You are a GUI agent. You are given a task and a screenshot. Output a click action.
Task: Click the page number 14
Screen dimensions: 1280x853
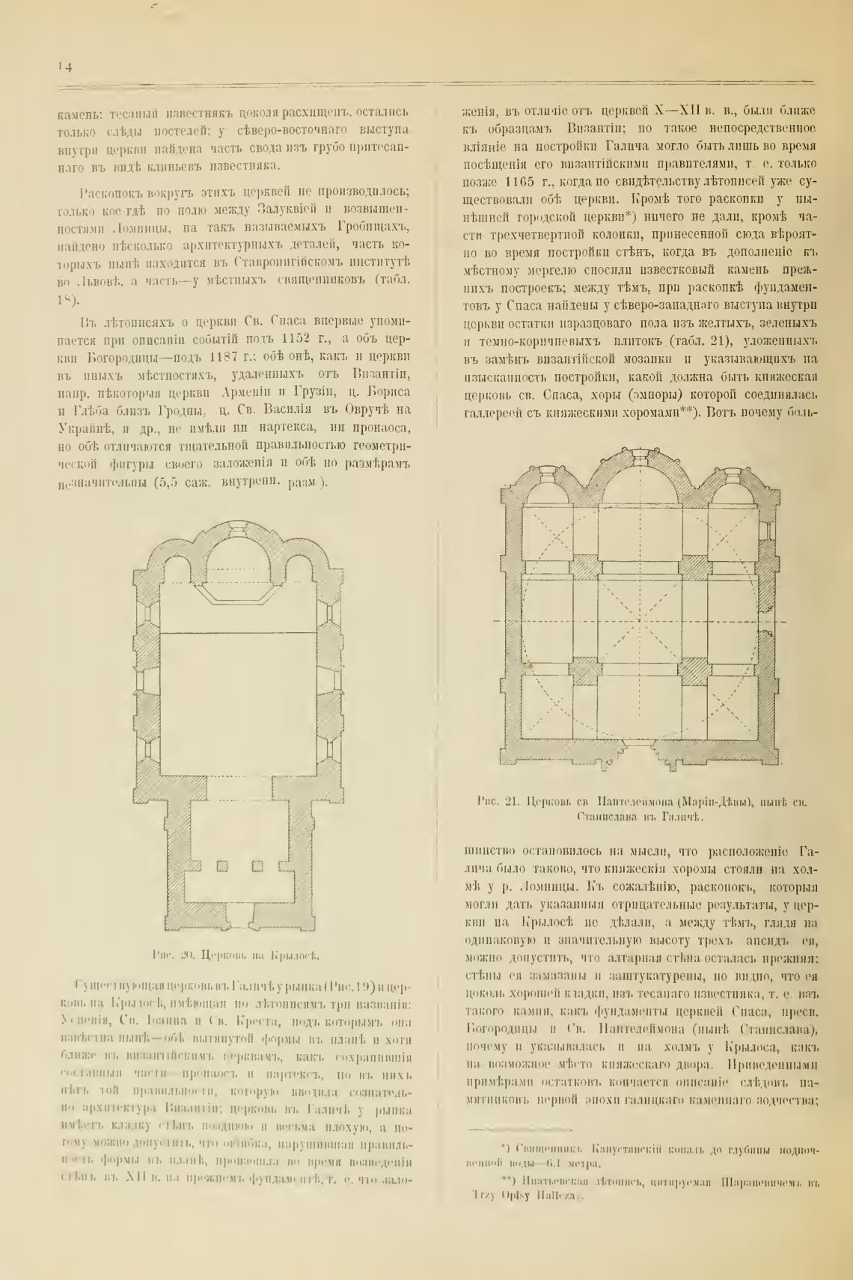pyautogui.click(x=64, y=67)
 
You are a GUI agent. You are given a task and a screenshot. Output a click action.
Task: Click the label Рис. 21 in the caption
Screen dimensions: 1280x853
pyautogui.click(x=497, y=802)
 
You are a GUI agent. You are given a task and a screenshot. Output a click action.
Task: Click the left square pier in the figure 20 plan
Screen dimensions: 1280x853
pyautogui.click(x=221, y=866)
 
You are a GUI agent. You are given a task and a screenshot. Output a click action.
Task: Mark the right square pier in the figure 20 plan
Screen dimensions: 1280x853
pyautogui.click(x=258, y=866)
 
